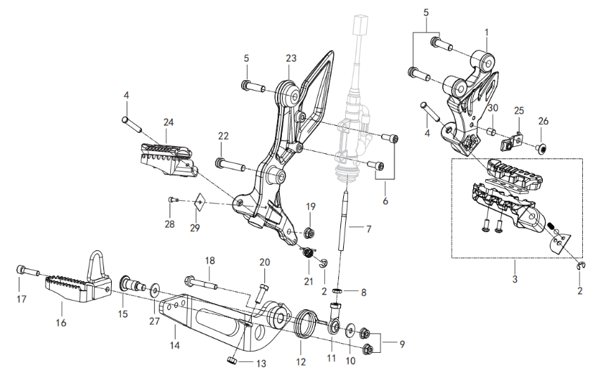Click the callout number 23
point(291,58)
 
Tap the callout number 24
point(168,122)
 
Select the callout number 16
point(60,323)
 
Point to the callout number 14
point(173,345)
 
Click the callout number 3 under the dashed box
point(514,280)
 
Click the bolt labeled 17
point(26,271)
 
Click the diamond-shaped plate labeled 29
point(200,203)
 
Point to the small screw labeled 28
point(172,201)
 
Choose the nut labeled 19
point(310,232)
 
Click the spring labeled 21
point(307,254)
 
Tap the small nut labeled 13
point(232,361)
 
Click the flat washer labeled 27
point(155,288)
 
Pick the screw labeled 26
point(542,148)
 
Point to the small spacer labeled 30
point(492,131)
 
